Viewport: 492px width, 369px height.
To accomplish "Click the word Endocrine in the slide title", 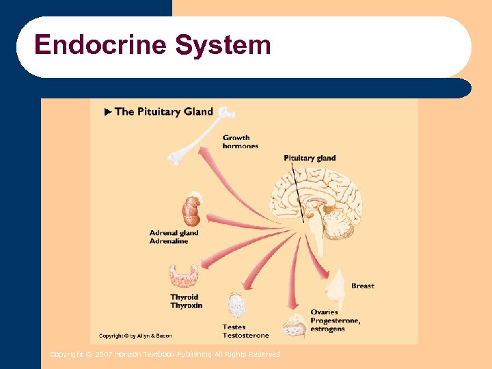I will pos(100,46).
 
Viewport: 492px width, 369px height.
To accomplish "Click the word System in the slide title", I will pos(223,46).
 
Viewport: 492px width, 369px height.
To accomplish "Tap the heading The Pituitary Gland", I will pos(163,111).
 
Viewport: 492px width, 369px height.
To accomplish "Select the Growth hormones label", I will pos(240,141).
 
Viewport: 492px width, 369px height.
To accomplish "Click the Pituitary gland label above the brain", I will pos(310,158).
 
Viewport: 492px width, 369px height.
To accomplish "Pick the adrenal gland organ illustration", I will pos(191,210).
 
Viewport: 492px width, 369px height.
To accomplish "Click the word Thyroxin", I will pos(186,305).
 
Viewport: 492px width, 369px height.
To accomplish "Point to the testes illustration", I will pos(236,305).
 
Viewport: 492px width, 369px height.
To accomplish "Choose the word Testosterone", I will pos(245,336).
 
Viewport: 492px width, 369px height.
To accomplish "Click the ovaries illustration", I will pos(295,327).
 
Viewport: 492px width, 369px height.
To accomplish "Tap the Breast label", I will pos(362,286).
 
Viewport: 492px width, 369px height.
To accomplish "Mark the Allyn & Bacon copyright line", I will pos(135,336).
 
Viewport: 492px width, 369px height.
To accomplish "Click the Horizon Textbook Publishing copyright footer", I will pos(165,354).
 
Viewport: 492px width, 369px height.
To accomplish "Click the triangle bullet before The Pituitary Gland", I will pos(107,111).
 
